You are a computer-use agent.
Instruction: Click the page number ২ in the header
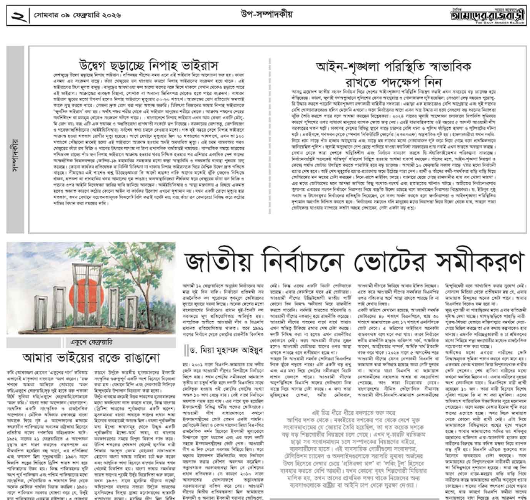[18, 15]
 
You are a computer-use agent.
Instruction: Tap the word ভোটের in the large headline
[399, 263]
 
